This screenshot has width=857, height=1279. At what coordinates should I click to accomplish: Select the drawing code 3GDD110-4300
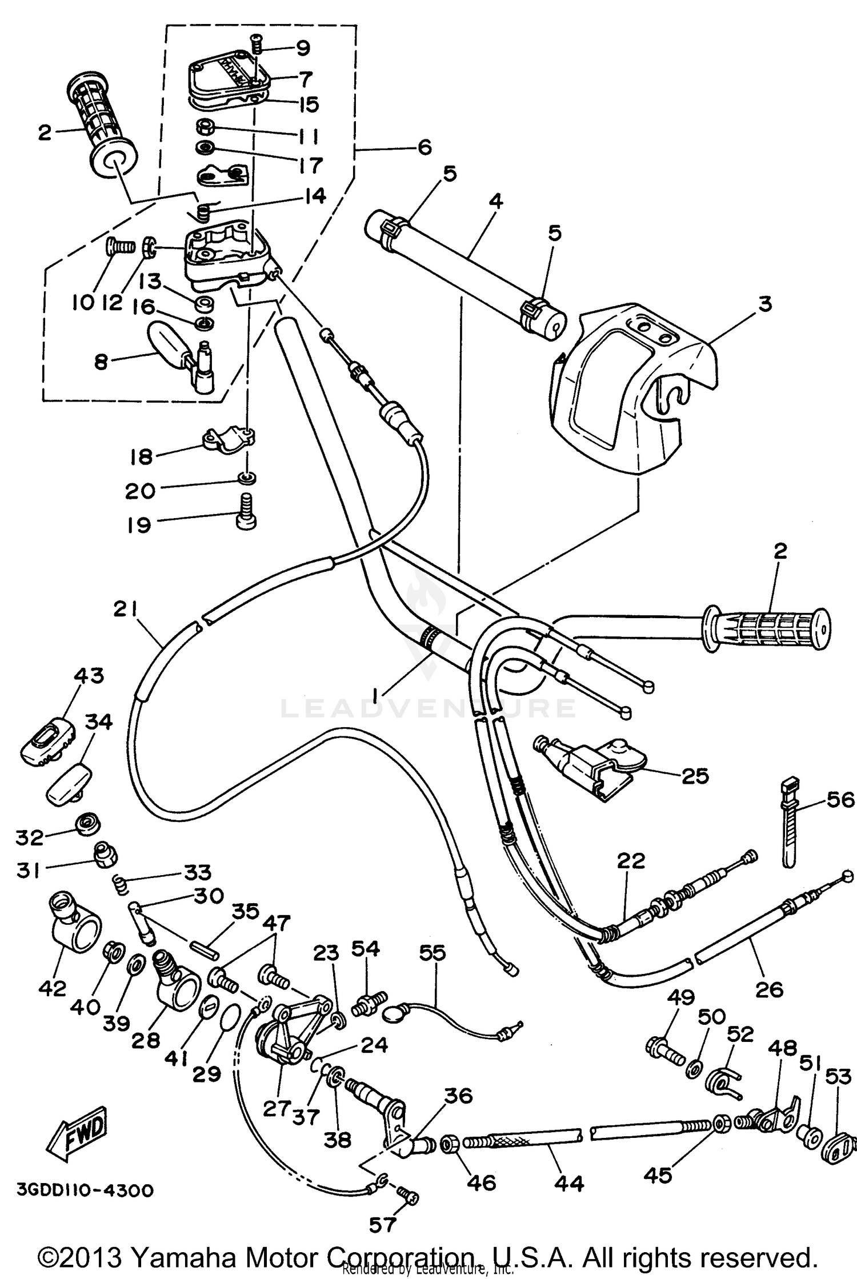tap(85, 1190)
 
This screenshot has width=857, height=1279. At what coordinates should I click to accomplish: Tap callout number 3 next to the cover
tap(765, 304)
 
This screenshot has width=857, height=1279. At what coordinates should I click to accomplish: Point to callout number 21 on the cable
tap(125, 610)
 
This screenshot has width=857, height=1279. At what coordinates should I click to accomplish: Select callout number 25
tap(695, 776)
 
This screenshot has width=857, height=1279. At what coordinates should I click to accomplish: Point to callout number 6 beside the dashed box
tap(425, 147)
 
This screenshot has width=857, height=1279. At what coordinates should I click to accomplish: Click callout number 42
tap(52, 988)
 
